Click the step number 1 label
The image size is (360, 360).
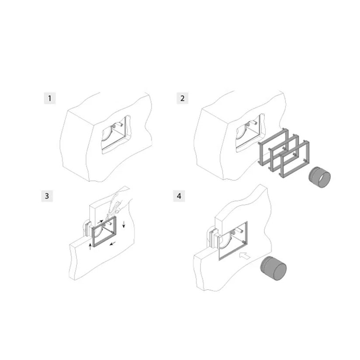point(50,98)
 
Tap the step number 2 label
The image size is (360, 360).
point(182,98)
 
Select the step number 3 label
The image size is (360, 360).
point(47,196)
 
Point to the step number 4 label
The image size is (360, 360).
point(179,196)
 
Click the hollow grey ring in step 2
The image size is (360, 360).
point(319,177)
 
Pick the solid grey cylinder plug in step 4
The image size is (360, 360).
point(273,268)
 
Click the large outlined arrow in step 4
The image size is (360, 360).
point(245,256)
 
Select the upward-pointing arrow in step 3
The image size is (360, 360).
point(90,246)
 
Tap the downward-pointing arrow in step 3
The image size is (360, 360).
point(124,224)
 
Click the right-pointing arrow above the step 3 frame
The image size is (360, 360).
point(100,222)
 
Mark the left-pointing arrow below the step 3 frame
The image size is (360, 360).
point(112,243)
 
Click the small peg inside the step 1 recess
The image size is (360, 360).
point(120,125)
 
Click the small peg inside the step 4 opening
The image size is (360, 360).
point(240,230)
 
